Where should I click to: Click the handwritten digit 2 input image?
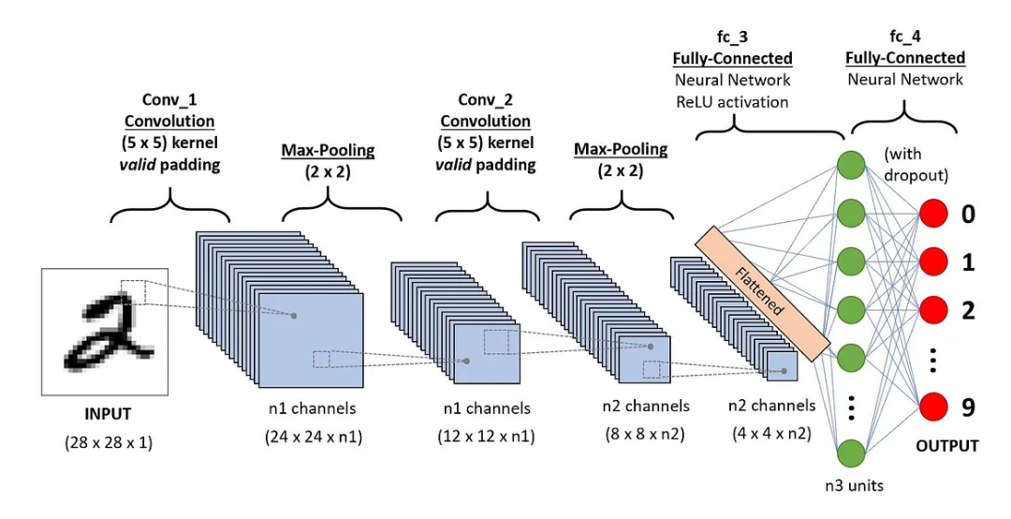(104, 330)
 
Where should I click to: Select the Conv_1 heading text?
(169, 99)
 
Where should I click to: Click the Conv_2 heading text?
(485, 99)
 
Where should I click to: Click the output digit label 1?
(968, 263)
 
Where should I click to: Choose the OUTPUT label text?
(946, 446)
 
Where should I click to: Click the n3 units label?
(854, 485)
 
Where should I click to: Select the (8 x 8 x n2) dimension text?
(646, 434)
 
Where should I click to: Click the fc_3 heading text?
(732, 37)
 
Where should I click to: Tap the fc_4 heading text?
(904, 37)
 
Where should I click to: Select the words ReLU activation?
(732, 101)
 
